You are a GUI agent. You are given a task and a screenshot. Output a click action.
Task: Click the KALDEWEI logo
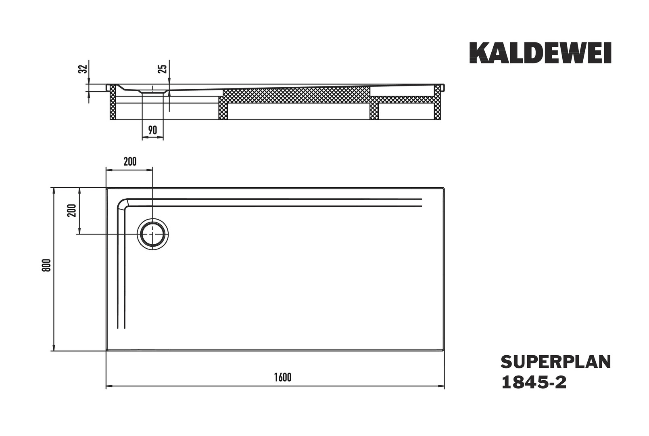[540, 53]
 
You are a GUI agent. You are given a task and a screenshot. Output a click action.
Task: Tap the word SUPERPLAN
[555, 362]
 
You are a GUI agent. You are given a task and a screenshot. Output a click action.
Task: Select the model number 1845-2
[533, 382]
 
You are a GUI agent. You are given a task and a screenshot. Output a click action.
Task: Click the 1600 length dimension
[282, 377]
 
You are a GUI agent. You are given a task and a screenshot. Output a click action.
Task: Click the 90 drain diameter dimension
[152, 130]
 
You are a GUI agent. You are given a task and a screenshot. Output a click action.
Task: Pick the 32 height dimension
[83, 69]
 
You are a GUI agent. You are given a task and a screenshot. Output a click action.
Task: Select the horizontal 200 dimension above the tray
[129, 162]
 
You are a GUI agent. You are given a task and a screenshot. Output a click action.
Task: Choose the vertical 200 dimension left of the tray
[72, 210]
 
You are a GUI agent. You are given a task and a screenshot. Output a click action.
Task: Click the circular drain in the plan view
[152, 234]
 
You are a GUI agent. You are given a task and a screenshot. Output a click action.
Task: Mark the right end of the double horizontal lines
[421, 203]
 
